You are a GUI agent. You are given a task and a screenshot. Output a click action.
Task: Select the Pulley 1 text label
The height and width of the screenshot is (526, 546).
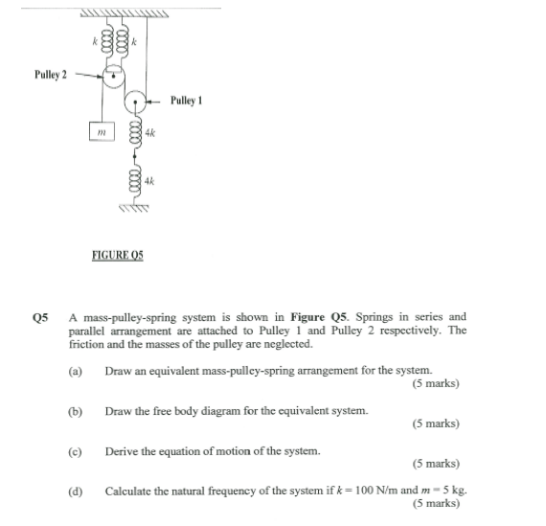tap(187, 100)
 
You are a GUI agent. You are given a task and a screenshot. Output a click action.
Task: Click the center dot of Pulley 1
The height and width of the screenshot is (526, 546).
tap(139, 100)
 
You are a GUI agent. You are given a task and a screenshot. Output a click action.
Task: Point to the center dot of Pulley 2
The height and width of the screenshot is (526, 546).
tap(114, 73)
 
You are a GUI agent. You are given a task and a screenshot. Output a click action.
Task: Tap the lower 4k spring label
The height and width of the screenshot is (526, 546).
tap(150, 179)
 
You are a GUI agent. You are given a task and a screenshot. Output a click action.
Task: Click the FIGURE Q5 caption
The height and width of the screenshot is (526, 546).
tap(117, 257)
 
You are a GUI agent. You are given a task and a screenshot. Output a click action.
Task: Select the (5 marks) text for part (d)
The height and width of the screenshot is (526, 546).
tap(436, 504)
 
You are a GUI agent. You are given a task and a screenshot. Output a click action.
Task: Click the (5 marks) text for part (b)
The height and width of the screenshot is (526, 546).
tap(436, 423)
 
